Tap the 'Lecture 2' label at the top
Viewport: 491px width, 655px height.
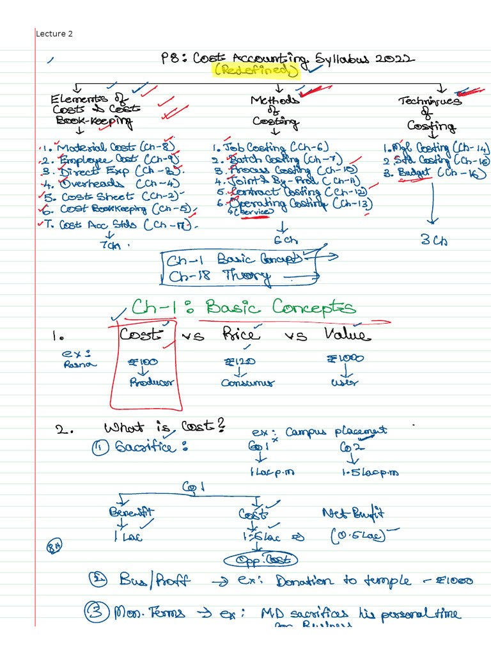[x=54, y=33]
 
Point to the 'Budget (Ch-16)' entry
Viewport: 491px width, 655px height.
[x=435, y=173]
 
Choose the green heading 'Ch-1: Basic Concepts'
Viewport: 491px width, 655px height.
[x=244, y=308]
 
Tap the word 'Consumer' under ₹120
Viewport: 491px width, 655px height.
[x=248, y=383]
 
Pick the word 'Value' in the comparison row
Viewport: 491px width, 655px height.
[x=346, y=335]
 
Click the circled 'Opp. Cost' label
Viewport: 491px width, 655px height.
[x=261, y=560]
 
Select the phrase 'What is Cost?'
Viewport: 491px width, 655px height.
[x=163, y=427]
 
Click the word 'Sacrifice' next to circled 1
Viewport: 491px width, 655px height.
[x=152, y=448]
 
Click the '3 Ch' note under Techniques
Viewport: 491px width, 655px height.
[x=433, y=241]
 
